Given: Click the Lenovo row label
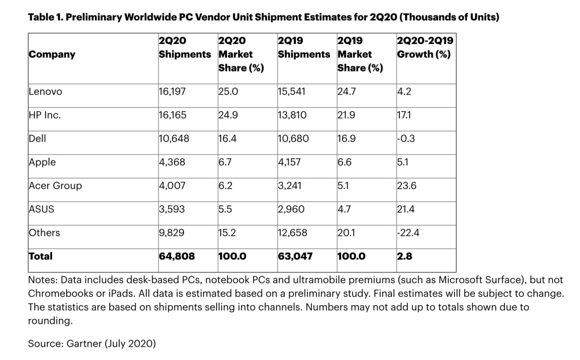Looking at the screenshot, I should (45, 91).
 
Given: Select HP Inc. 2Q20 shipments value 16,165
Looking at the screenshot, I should (172, 115).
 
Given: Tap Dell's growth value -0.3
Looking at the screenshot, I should (406, 139).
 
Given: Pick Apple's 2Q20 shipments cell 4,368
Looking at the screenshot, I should (172, 162).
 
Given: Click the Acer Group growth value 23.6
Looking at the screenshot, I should (407, 186).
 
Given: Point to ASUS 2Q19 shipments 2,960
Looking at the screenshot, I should (291, 209).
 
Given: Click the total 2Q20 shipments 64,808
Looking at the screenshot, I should (177, 256).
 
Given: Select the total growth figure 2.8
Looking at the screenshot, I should (404, 256).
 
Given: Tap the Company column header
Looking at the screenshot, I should (52, 54).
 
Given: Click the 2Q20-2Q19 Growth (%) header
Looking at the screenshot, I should (425, 48).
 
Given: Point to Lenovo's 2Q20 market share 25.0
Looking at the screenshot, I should (228, 91).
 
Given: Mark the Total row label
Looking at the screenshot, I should (40, 256).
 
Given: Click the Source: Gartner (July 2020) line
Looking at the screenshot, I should (92, 344).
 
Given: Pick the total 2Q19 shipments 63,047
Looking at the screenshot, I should (295, 256).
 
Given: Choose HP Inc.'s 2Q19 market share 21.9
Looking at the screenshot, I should (346, 115).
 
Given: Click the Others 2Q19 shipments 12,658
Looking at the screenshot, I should (292, 233).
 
